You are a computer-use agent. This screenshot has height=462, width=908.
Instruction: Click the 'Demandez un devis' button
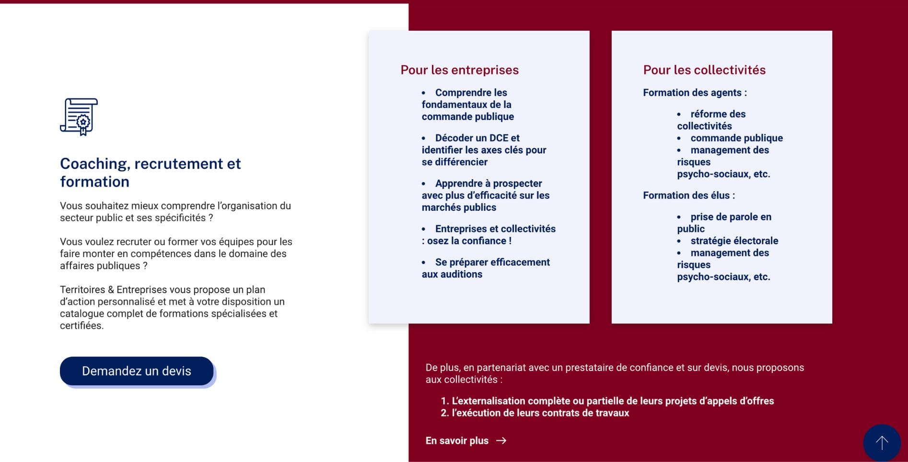pos(137,371)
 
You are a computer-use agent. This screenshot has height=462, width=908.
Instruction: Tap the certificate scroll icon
pos(79,117)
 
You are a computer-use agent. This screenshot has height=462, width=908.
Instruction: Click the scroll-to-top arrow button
pos(882,442)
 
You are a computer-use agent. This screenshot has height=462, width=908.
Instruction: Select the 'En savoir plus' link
pos(457,441)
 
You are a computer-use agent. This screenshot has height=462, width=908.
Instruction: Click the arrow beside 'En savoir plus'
pos(501,441)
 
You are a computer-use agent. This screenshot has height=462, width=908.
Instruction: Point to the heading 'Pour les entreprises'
pos(459,70)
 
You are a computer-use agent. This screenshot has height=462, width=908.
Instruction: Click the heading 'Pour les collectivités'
pos(704,70)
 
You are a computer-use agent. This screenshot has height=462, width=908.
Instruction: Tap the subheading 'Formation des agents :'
pos(695,92)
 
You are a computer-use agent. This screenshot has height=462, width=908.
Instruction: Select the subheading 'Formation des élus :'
pos(688,196)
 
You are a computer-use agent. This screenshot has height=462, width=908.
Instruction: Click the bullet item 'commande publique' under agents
pos(736,138)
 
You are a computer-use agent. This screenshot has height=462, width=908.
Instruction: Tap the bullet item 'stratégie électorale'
pos(734,241)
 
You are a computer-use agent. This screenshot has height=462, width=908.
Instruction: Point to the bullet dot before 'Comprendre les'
pos(424,93)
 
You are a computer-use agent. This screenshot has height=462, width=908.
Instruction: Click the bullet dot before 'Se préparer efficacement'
pos(424,263)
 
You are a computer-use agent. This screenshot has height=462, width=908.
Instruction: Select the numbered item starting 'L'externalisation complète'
pos(613,401)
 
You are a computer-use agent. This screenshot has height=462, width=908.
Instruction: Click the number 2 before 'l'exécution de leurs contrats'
pos(444,413)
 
